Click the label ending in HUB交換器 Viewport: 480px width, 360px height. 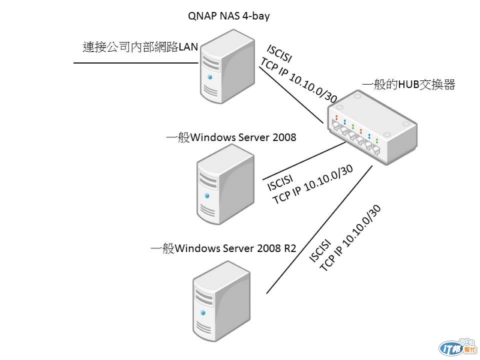(x=409, y=85)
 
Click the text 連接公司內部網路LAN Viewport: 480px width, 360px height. (x=140, y=47)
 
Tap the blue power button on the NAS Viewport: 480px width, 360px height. (x=209, y=77)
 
